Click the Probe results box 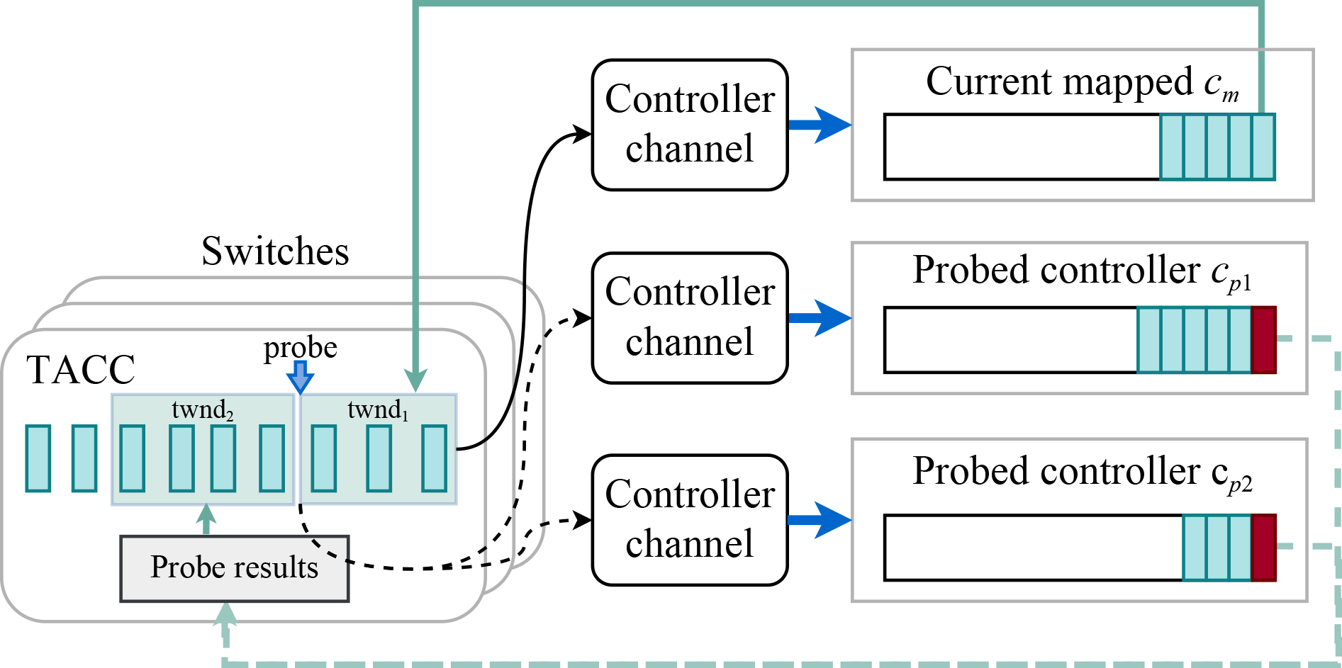click(x=234, y=568)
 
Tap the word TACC click(x=81, y=370)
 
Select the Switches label click(x=275, y=251)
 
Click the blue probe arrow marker click(x=301, y=377)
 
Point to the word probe click(x=301, y=348)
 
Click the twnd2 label click(x=203, y=410)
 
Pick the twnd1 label click(x=378, y=410)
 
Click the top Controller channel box click(x=690, y=125)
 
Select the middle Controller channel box click(x=690, y=318)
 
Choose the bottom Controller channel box click(x=690, y=520)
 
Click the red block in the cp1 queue click(x=1263, y=340)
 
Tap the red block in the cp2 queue click(x=1263, y=548)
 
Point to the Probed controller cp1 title click(x=1082, y=271)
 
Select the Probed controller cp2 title click(x=1082, y=472)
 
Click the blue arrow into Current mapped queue click(x=820, y=125)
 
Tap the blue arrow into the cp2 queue click(x=820, y=520)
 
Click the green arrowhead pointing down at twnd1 click(x=415, y=380)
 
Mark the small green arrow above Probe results click(x=206, y=518)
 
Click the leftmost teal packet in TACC click(x=38, y=458)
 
